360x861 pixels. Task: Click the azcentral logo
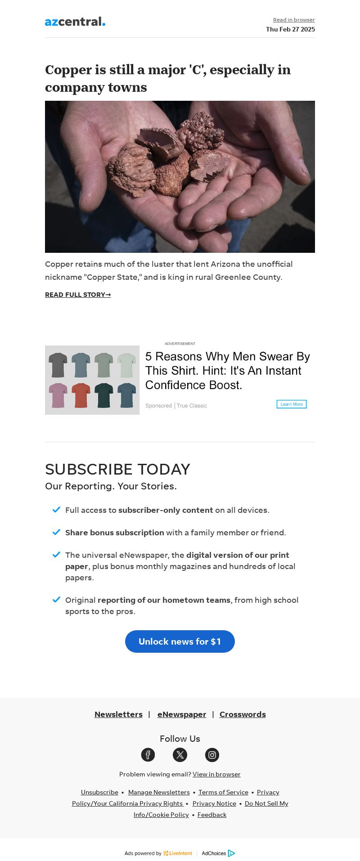[x=75, y=22]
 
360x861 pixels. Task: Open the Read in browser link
[x=294, y=20]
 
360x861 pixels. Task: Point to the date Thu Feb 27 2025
[x=290, y=29]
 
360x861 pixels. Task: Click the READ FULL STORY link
[x=78, y=295]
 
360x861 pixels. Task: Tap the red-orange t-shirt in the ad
[x=81, y=395]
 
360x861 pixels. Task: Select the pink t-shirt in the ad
[x=58, y=395]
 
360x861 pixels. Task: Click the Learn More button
[x=292, y=404]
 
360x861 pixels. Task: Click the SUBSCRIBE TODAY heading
[x=117, y=469]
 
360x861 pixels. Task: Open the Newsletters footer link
[x=118, y=714]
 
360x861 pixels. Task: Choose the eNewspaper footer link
[x=182, y=714]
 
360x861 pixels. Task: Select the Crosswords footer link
[x=243, y=714]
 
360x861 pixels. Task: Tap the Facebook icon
[x=148, y=755]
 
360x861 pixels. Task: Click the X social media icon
[x=180, y=755]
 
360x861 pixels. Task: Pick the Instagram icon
[x=212, y=755]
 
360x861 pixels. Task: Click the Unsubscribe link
[x=99, y=792]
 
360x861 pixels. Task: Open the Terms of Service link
[x=223, y=792]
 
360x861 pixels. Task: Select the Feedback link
[x=212, y=815]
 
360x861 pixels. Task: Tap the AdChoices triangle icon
[x=231, y=853]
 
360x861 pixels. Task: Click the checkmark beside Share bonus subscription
[x=56, y=532]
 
